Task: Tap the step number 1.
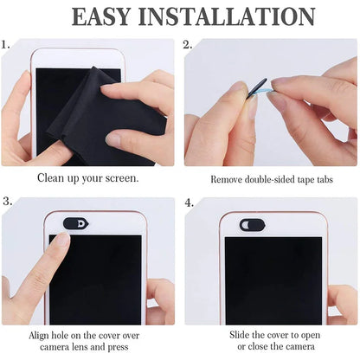click(x=6, y=44)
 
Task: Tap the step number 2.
click(x=188, y=44)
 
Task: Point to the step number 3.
click(x=6, y=202)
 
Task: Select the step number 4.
click(x=188, y=202)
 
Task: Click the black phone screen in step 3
click(x=95, y=277)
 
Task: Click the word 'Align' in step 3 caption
click(x=42, y=334)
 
